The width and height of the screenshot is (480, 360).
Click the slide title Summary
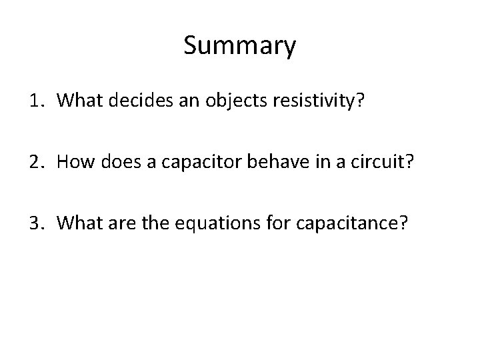(239, 47)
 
